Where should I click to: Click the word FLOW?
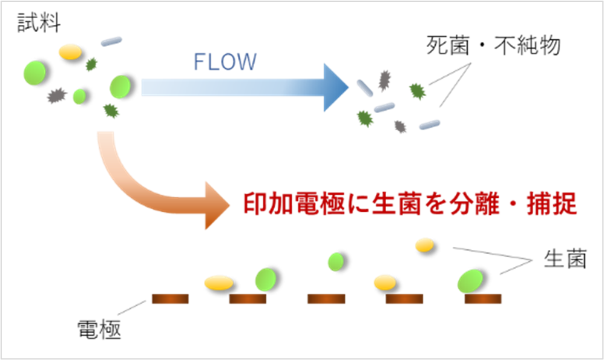click(225, 62)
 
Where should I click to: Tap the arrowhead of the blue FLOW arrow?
click(335, 87)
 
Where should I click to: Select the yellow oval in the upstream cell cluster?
click(70, 51)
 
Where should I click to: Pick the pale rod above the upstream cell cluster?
click(111, 41)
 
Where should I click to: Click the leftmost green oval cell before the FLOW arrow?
click(34, 73)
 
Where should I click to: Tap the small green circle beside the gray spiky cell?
click(79, 96)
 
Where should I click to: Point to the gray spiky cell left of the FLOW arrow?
click(56, 95)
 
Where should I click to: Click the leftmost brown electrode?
click(170, 299)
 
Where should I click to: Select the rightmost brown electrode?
click(483, 299)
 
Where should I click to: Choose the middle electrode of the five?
click(326, 299)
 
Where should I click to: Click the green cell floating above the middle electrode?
click(335, 262)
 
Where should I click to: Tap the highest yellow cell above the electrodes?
click(424, 244)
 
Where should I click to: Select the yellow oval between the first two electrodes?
click(218, 282)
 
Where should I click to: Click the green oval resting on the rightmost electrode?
click(470, 281)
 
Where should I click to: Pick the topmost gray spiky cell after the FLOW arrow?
click(384, 79)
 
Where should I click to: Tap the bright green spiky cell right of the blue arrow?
click(417, 91)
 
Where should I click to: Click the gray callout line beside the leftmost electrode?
click(131, 308)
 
